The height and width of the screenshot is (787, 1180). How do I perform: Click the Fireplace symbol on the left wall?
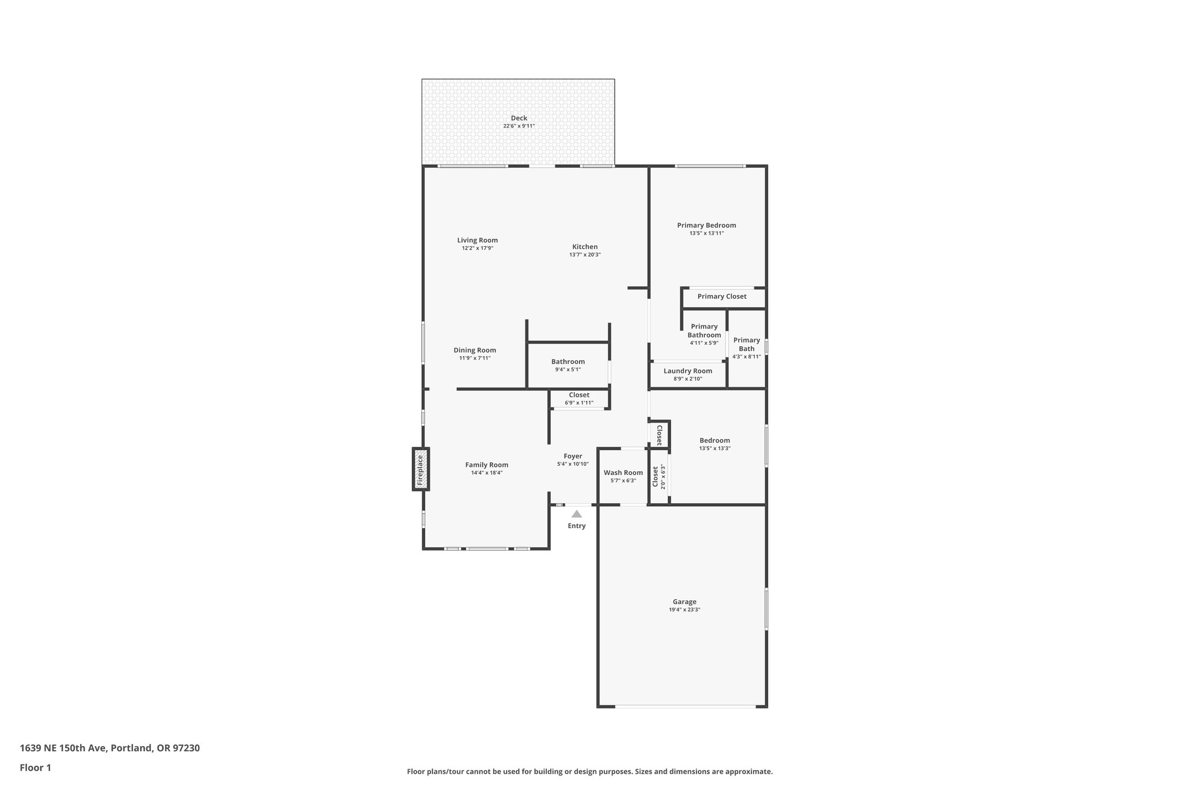point(421,469)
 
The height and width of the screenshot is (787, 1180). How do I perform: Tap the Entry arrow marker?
point(576,514)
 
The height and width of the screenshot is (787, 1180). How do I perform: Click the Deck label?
point(519,118)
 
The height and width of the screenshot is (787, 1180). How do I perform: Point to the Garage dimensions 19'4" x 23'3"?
point(684,609)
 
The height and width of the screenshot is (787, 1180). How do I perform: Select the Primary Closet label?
point(721,296)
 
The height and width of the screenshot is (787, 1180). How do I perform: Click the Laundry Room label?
point(687,371)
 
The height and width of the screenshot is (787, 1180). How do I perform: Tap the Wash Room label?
point(623,473)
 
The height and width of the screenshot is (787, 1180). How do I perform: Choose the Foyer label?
point(573,456)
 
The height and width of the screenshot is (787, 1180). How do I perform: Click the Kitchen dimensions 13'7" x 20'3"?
point(585,254)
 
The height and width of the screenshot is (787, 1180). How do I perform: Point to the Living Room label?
point(477,240)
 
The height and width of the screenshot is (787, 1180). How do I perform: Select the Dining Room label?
point(474,350)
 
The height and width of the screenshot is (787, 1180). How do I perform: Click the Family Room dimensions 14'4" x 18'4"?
point(486,473)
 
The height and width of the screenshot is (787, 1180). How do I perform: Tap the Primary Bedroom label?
point(706,225)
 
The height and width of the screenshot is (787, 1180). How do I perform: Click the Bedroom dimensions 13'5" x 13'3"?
point(714,448)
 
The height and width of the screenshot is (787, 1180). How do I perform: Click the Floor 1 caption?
point(35,767)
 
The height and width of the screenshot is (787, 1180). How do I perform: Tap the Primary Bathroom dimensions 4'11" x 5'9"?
point(704,343)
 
